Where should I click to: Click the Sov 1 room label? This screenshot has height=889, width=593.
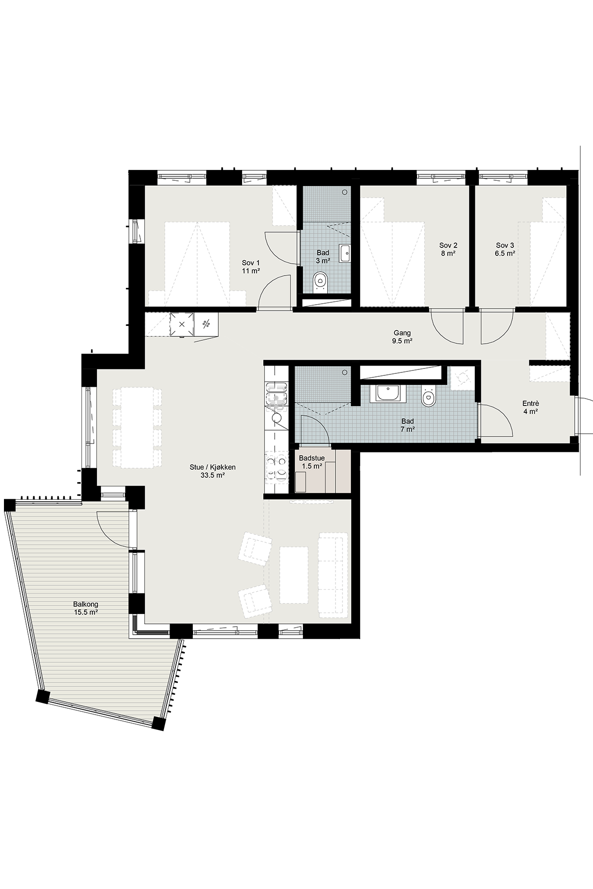click(x=251, y=266)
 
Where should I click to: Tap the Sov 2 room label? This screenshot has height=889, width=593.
click(x=448, y=249)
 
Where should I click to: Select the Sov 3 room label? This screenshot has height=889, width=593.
click(x=506, y=249)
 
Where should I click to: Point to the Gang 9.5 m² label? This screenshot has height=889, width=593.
click(x=402, y=337)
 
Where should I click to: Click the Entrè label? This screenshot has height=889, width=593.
click(x=531, y=406)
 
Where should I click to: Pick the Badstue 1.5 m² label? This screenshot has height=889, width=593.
click(x=312, y=462)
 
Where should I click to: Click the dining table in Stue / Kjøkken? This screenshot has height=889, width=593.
click(x=137, y=428)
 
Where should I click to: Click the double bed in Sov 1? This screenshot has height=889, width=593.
click(x=197, y=264)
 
